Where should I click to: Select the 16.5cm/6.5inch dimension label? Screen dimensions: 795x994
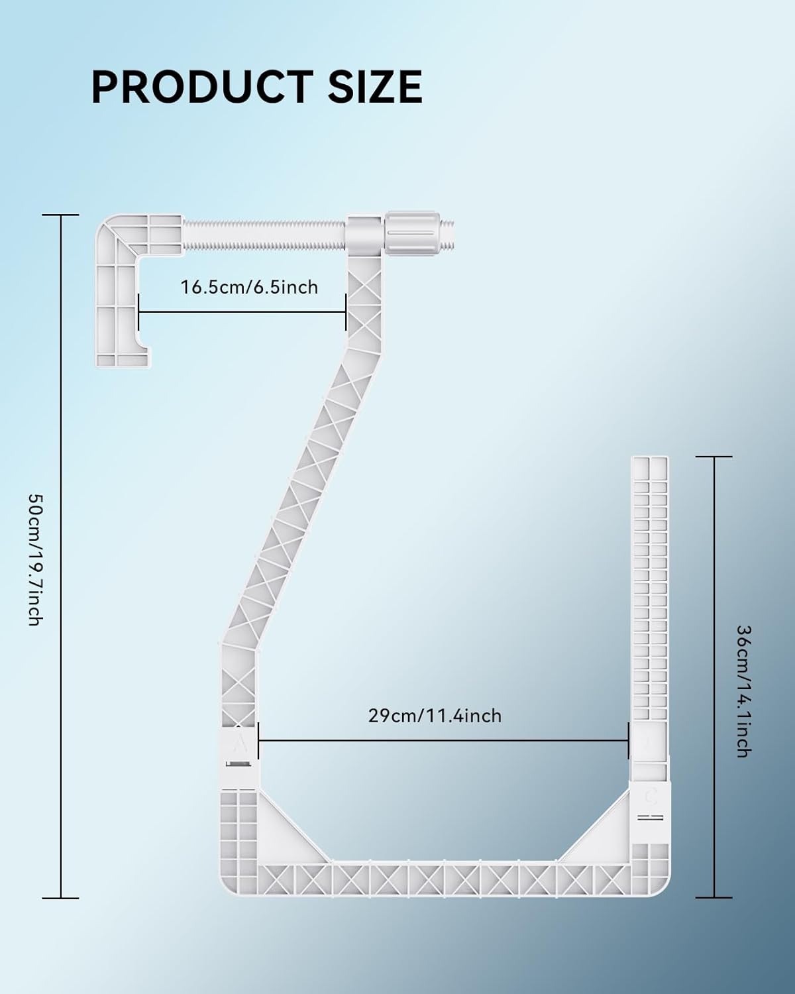(249, 288)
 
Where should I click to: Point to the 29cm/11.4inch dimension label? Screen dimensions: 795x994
(435, 716)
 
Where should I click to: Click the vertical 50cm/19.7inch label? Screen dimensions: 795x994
(36, 560)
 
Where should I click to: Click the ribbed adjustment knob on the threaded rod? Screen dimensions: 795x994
(409, 234)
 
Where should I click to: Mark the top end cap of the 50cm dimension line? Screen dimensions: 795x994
(60, 215)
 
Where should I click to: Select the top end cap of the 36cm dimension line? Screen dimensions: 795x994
(714, 457)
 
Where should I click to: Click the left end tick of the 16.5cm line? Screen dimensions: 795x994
(138, 311)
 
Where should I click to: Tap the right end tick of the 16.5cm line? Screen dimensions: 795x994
(346, 311)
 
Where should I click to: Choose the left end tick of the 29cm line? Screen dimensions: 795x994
(258, 740)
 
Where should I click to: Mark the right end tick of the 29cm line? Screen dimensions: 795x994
(628, 740)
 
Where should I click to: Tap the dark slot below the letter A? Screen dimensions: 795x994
(238, 765)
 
